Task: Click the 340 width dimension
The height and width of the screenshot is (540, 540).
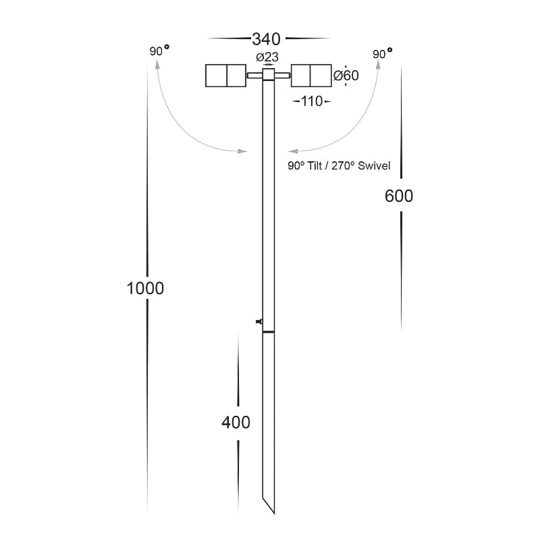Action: click(266, 39)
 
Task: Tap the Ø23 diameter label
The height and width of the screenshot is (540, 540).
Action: click(267, 57)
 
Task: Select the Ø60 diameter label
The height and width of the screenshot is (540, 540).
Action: click(346, 75)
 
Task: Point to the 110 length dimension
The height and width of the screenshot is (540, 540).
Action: click(312, 101)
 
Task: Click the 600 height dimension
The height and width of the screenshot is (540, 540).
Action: click(399, 196)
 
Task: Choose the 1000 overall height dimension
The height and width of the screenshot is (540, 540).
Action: click(145, 288)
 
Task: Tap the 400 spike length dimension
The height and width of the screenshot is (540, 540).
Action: click(236, 423)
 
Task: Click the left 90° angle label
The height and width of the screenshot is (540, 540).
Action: click(159, 51)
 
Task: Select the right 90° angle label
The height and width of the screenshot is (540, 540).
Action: click(382, 53)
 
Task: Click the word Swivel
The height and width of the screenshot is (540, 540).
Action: click(374, 165)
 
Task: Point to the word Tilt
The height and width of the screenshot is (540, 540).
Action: click(315, 165)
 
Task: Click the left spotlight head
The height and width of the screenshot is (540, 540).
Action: click(226, 76)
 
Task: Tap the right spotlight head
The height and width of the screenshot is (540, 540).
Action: click(311, 76)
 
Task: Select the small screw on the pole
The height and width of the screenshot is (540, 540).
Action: click(259, 322)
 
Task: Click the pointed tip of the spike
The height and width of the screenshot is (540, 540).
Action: click(274, 514)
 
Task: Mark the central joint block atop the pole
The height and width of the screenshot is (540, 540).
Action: click(268, 74)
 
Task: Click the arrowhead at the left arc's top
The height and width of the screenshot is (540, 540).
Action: click(158, 64)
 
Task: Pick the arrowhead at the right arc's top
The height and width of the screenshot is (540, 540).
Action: click(378, 64)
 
